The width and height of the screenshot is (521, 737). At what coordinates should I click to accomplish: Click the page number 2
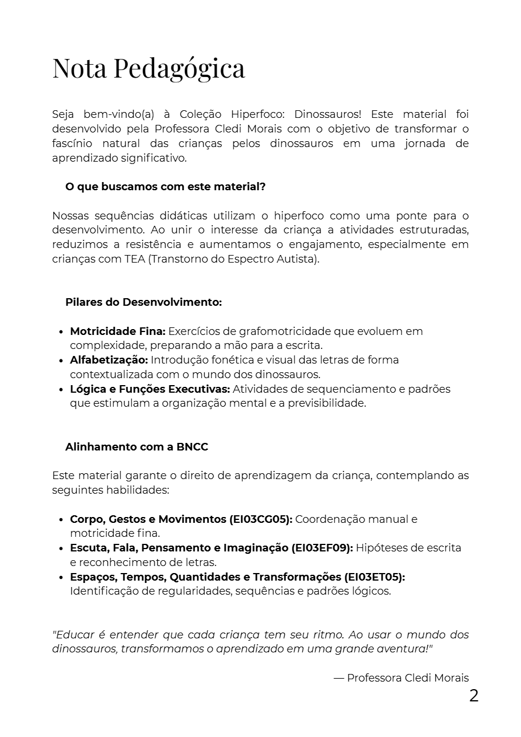pyautogui.click(x=474, y=696)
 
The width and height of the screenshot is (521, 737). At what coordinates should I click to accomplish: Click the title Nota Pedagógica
pyautogui.click(x=149, y=68)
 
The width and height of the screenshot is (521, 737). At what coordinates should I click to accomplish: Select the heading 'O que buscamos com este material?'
pyautogui.click(x=166, y=187)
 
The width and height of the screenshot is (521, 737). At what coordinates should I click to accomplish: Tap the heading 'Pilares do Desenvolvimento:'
pyautogui.click(x=144, y=302)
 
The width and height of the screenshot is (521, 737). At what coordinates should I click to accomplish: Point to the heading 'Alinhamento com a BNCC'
pyautogui.click(x=137, y=447)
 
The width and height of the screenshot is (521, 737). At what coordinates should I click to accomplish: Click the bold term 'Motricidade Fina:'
pyautogui.click(x=118, y=331)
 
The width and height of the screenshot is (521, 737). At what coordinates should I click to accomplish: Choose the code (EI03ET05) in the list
pyautogui.click(x=374, y=577)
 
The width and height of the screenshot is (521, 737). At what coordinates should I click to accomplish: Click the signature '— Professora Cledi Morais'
pyautogui.click(x=401, y=678)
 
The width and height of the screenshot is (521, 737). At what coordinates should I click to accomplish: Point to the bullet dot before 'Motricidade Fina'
pyautogui.click(x=61, y=332)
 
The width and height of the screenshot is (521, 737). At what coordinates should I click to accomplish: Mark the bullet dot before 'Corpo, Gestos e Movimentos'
pyautogui.click(x=61, y=520)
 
